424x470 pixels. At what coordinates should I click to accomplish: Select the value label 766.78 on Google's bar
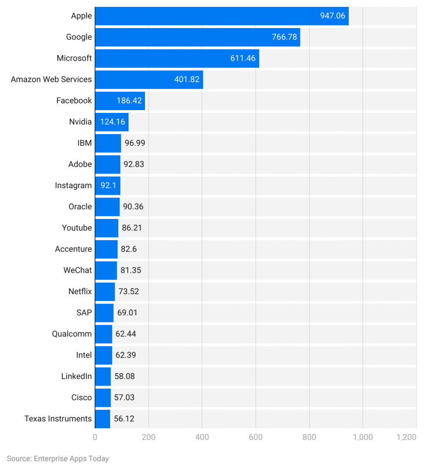[284, 37]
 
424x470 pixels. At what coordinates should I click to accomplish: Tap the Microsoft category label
[74, 58]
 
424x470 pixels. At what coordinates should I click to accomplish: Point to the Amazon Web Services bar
[149, 79]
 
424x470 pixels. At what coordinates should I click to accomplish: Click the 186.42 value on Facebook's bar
[130, 101]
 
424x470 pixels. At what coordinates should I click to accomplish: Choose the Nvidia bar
[112, 122]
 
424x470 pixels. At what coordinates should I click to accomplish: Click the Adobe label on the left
[80, 164]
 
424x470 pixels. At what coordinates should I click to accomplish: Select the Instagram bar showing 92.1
[107, 185]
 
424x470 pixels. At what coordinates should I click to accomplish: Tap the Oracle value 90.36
[133, 207]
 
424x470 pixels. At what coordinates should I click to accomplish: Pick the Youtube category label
[77, 228]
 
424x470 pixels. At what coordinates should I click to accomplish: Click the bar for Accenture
[106, 249]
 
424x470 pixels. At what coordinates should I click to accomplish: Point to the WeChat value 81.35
[131, 270]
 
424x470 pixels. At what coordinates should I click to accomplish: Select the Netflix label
[80, 291]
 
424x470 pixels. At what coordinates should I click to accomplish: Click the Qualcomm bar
[103, 334]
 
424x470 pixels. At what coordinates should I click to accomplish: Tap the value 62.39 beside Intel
[126, 355]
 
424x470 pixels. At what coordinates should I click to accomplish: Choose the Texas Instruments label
[58, 419]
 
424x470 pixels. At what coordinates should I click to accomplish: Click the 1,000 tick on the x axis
[363, 437]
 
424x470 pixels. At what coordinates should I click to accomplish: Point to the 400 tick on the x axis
[202, 437]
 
